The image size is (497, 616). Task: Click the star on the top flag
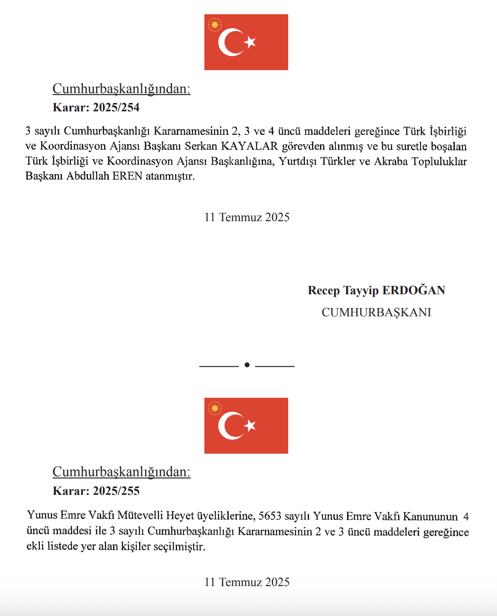[x=250, y=42]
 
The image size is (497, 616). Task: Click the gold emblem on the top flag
[x=215, y=25]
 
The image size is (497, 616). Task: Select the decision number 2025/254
[x=116, y=107]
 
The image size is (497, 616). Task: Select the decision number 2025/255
[x=116, y=491]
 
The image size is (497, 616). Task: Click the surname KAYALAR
[x=249, y=146]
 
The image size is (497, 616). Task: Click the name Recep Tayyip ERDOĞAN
[x=376, y=290]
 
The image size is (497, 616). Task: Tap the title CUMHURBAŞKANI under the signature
[x=376, y=312]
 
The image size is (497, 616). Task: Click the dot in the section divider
[x=247, y=365]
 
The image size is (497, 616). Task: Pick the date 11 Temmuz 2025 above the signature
[x=247, y=217]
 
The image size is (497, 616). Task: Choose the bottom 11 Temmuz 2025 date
[x=247, y=582]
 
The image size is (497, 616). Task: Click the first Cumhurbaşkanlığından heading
[x=122, y=89]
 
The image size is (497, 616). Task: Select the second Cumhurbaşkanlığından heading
[x=122, y=472]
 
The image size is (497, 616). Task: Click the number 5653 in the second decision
[x=270, y=516]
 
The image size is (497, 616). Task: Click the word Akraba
[x=391, y=161]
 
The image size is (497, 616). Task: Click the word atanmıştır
[x=170, y=176]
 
